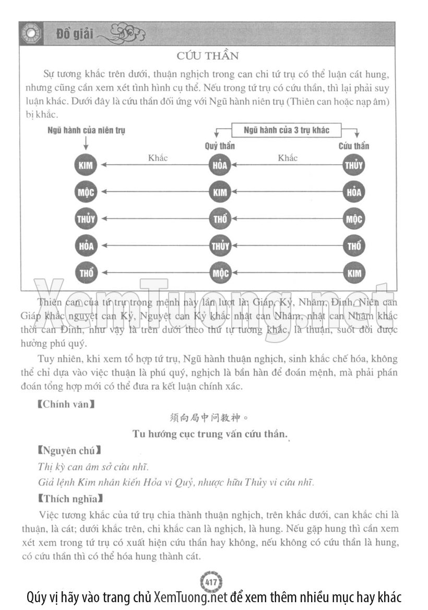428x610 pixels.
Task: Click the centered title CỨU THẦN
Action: click(207, 55)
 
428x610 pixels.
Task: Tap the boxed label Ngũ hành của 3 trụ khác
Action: click(287, 130)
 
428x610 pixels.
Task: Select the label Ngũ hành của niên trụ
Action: click(86, 130)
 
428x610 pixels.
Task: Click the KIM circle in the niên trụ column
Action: click(86, 166)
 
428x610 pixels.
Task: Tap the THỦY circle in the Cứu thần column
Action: click(354, 166)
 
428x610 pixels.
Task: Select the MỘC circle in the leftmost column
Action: click(86, 192)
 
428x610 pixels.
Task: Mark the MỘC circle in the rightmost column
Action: click(354, 219)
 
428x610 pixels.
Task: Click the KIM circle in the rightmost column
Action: click(354, 273)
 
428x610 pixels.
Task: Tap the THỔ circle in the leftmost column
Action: click(86, 273)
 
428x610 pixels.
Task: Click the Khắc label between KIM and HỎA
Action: click(158, 158)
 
